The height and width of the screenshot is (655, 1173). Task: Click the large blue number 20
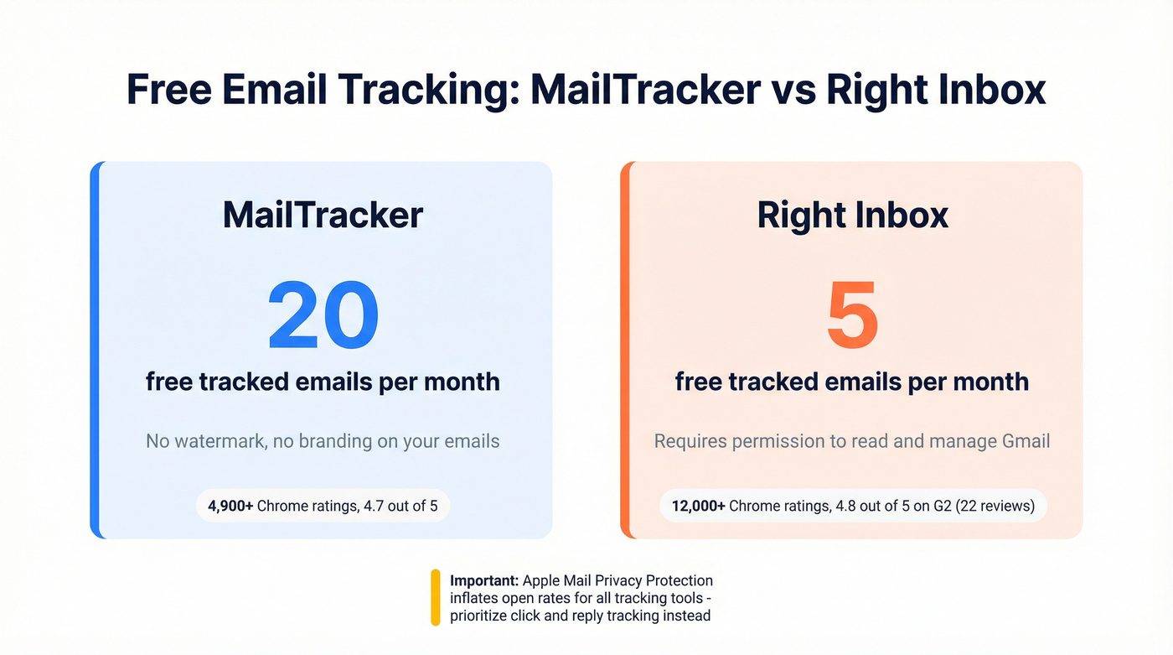click(323, 316)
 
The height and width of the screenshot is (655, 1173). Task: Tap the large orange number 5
click(852, 316)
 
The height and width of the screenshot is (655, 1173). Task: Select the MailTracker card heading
click(323, 216)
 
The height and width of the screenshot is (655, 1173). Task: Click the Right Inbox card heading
click(852, 216)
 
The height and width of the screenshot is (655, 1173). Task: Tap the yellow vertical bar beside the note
click(436, 597)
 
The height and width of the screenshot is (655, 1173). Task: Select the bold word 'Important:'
click(485, 580)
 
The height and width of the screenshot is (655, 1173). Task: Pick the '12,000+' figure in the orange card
click(699, 506)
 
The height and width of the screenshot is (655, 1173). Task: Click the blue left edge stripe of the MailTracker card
click(96, 350)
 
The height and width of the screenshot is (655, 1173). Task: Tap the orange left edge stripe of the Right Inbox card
click(625, 350)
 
